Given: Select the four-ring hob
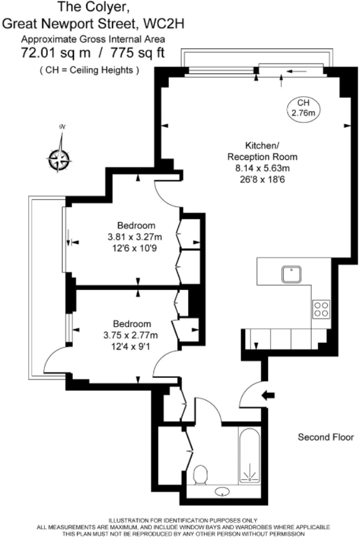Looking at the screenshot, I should [321, 308].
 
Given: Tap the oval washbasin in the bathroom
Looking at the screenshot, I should [223, 493].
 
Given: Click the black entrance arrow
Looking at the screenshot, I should [268, 396].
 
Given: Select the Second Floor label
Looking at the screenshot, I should [326, 437].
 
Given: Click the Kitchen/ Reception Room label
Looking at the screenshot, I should [262, 150].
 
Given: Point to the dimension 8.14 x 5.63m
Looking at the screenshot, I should [262, 168].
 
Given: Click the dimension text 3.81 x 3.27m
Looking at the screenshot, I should [135, 237].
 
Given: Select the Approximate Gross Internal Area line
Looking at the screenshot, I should [93, 39].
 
